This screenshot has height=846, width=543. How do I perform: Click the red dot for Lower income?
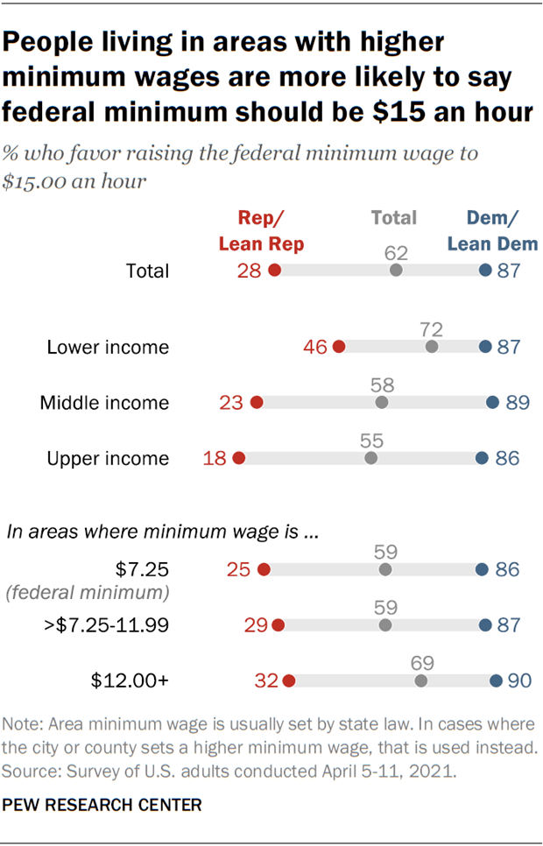339,347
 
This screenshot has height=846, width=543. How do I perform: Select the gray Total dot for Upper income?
371,458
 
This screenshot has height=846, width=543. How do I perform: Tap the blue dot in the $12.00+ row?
496,680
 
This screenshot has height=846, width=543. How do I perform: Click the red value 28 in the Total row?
250,271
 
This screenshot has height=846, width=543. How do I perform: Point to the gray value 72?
431,329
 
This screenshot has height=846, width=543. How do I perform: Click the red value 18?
215,458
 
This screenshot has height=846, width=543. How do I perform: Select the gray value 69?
421,663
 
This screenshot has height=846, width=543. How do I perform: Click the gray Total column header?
393,217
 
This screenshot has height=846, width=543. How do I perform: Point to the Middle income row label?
104,403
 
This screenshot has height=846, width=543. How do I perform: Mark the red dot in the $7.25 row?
264,570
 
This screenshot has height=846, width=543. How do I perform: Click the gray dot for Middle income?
381,403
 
